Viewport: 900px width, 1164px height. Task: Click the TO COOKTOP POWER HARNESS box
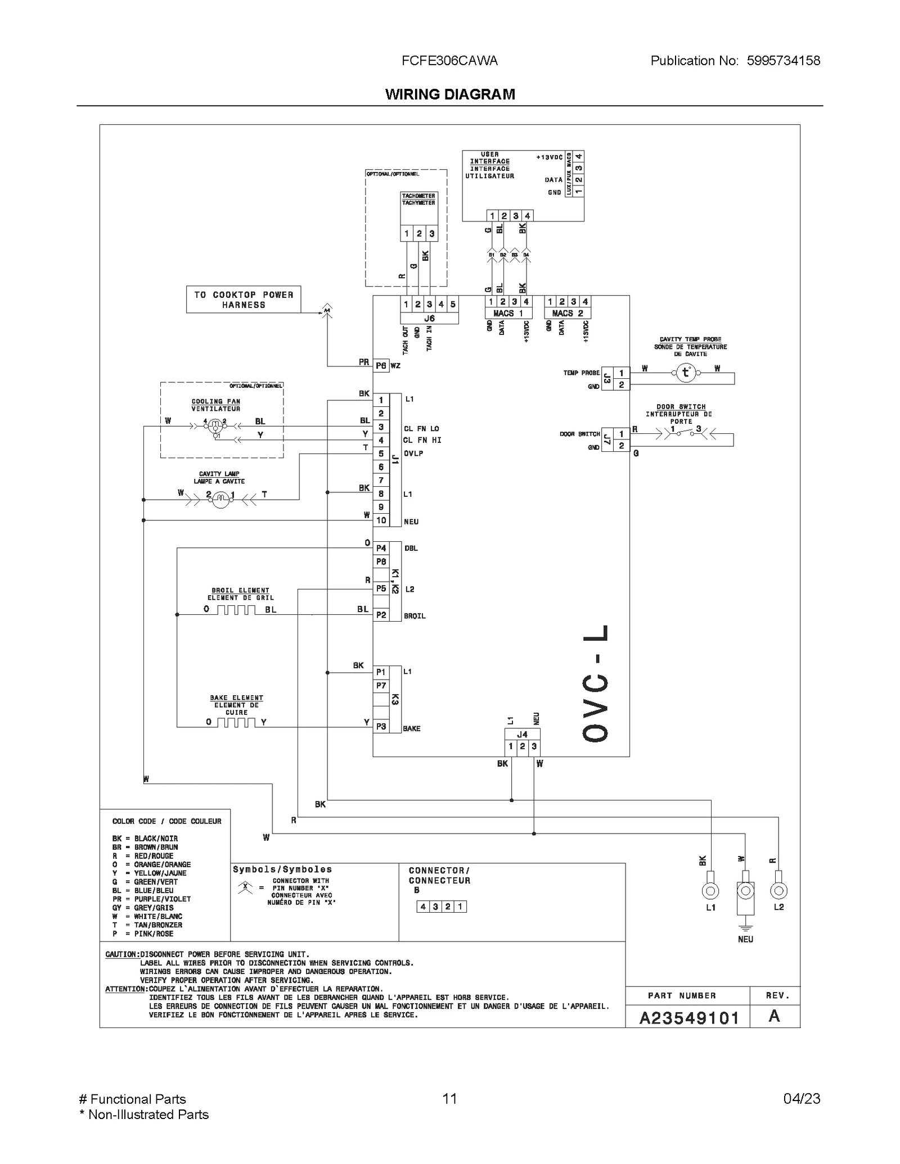(244, 300)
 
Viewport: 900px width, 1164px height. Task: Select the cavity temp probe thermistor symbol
(685, 373)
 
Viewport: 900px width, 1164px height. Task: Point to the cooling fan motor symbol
(214, 427)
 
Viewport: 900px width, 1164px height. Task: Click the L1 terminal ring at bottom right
(710, 891)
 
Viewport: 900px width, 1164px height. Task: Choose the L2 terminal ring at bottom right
(778, 891)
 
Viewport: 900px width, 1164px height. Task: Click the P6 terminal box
(381, 366)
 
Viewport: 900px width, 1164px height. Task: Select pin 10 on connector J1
(381, 520)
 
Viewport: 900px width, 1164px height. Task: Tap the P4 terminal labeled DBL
(381, 548)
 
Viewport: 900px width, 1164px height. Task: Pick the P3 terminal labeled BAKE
(381, 727)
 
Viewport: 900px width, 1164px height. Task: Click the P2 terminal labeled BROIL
(381, 615)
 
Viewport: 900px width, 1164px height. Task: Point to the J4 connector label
(522, 735)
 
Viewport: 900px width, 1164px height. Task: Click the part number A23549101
(689, 1018)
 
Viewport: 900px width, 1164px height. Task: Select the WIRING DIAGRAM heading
(450, 94)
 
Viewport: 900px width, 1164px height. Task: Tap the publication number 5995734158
(783, 61)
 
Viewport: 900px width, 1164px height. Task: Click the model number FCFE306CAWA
(449, 61)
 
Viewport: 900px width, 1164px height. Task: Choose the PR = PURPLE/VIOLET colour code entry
(151, 899)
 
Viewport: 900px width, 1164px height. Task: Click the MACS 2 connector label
(568, 314)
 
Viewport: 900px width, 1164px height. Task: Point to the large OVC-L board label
(595, 683)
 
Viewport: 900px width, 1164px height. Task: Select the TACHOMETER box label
(418, 200)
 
